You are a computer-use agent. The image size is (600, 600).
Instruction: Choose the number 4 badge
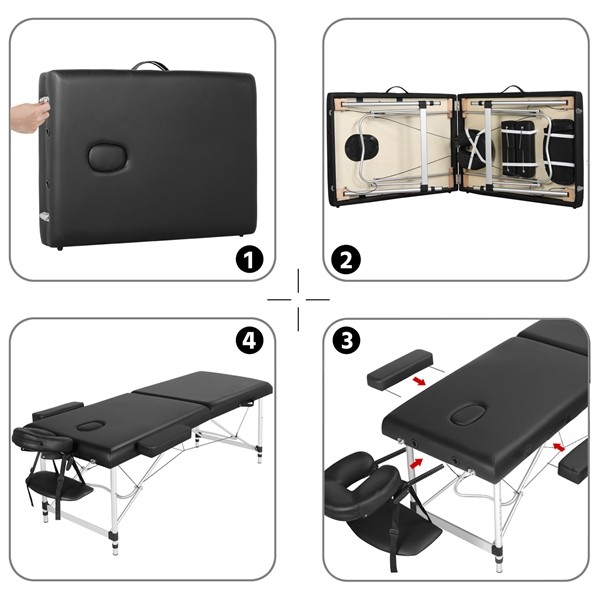(249, 340)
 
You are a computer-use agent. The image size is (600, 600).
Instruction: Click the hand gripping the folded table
(28, 116)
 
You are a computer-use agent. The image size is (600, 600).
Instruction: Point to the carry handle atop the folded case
(151, 66)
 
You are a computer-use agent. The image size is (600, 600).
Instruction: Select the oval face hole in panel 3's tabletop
(466, 413)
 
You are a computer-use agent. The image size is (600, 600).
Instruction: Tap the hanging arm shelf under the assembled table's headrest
(58, 489)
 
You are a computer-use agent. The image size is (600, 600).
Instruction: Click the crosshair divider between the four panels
(298, 299)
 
